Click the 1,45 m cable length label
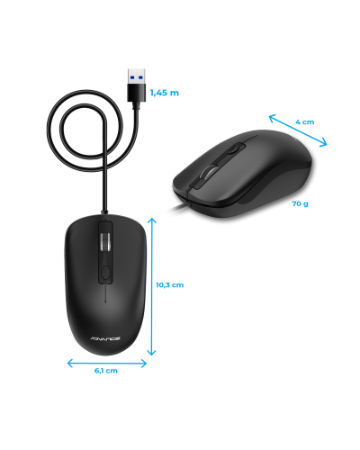[165, 93]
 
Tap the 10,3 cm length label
[169, 285]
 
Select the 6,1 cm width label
[106, 371]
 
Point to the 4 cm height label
[305, 122]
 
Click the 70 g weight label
[300, 203]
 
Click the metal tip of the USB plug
[136, 76]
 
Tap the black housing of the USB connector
[137, 93]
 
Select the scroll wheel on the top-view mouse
[105, 241]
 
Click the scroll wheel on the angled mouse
[208, 173]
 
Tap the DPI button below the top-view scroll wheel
[105, 273]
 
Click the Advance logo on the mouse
[105, 338]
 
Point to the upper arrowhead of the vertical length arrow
[152, 221]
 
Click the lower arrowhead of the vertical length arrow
[152, 351]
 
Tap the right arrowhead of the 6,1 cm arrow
[143, 364]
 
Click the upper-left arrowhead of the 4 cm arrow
[273, 118]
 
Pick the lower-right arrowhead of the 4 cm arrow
[323, 143]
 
